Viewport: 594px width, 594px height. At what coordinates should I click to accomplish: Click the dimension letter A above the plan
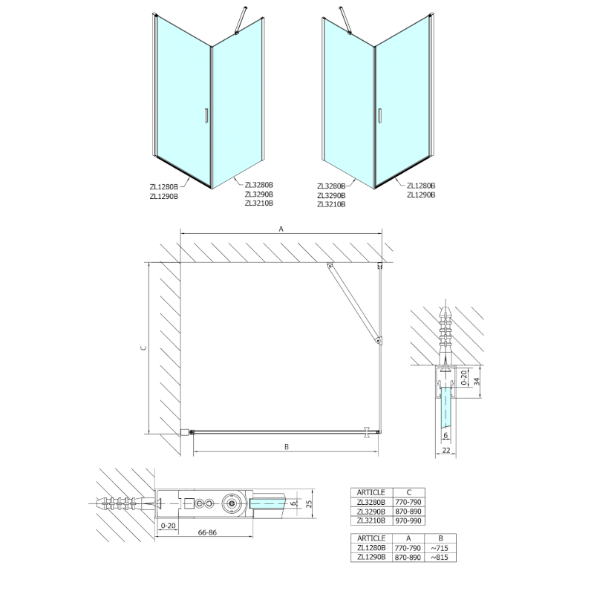click(x=281, y=229)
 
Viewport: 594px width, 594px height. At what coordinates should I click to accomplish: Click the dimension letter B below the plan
click(x=287, y=447)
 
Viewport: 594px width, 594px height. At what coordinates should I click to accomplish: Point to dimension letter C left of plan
click(x=143, y=347)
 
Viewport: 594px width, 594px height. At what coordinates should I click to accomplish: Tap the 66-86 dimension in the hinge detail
click(x=207, y=532)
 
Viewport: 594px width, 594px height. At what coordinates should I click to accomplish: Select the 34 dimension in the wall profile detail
click(x=477, y=381)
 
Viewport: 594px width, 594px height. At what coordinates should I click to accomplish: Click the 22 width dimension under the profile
click(x=446, y=450)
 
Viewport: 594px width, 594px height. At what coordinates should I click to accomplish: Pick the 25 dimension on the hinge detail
click(x=309, y=504)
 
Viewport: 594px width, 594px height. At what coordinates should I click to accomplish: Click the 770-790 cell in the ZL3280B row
click(x=408, y=502)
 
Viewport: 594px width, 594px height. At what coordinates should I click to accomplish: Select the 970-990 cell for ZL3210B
click(x=408, y=521)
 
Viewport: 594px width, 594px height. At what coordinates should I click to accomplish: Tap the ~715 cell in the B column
click(x=440, y=548)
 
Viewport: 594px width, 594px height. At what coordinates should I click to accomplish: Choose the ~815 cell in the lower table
click(x=440, y=558)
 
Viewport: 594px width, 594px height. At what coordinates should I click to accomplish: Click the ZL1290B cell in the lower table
click(x=371, y=558)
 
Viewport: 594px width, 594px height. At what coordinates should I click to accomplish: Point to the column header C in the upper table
click(x=409, y=492)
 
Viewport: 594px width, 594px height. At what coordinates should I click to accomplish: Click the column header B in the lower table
click(x=440, y=538)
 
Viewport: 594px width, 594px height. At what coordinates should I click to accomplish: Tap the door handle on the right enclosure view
click(x=379, y=116)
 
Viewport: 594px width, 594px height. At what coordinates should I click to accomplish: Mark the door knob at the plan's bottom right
click(x=367, y=432)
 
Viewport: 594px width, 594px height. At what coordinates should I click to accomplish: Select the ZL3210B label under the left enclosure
click(x=258, y=203)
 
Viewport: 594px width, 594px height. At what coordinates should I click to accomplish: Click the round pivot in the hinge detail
click(x=231, y=503)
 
